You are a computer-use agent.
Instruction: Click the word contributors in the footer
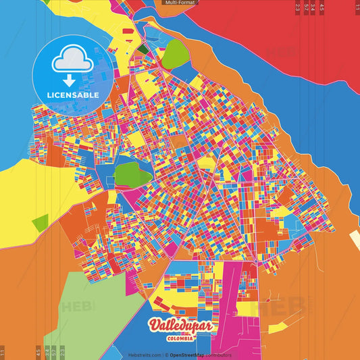[x=220, y=355]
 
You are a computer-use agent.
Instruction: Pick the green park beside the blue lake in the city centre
[x=132, y=174]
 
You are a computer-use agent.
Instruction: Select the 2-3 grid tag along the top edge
[x=298, y=8]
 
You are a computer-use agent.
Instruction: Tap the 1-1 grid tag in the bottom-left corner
[x=3, y=352]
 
